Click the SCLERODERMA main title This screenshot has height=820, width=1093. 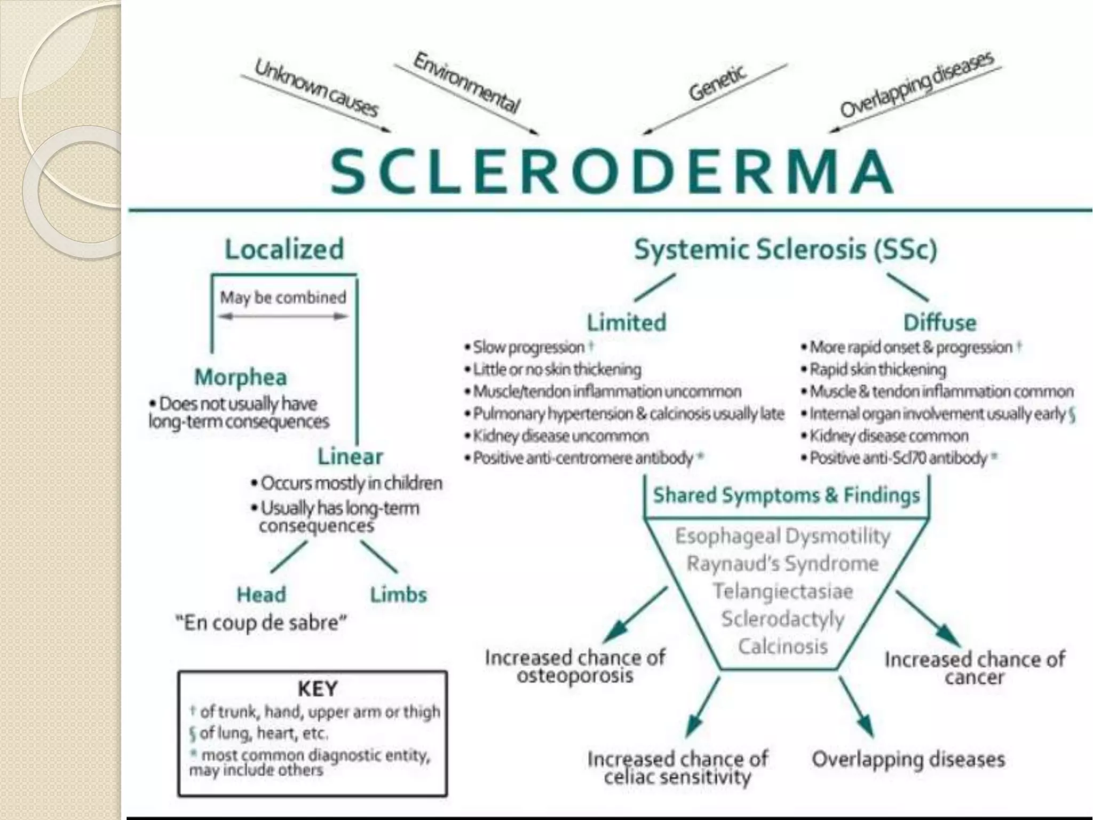point(612,172)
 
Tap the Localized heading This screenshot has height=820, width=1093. point(284,249)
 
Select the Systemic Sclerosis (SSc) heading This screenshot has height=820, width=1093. point(785,249)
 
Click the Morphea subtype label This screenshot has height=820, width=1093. point(241,377)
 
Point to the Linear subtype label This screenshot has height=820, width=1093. point(350,456)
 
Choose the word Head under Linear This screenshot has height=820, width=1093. point(261,594)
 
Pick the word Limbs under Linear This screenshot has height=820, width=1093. point(399,594)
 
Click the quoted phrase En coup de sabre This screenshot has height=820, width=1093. point(261,622)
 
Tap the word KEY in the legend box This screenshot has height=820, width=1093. point(317,689)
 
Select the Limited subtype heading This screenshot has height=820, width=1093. point(627,322)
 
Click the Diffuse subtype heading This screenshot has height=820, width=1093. point(940,322)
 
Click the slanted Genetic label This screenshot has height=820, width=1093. point(717,84)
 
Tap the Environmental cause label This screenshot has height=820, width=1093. point(466,83)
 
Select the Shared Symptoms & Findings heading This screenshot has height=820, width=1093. point(787,495)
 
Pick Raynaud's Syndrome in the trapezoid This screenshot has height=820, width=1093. point(782,563)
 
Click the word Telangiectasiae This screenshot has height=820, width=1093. point(782,591)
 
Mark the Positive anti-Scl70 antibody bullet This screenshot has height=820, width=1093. point(899,458)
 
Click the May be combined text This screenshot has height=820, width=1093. point(283,297)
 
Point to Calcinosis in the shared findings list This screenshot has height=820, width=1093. point(782,646)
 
